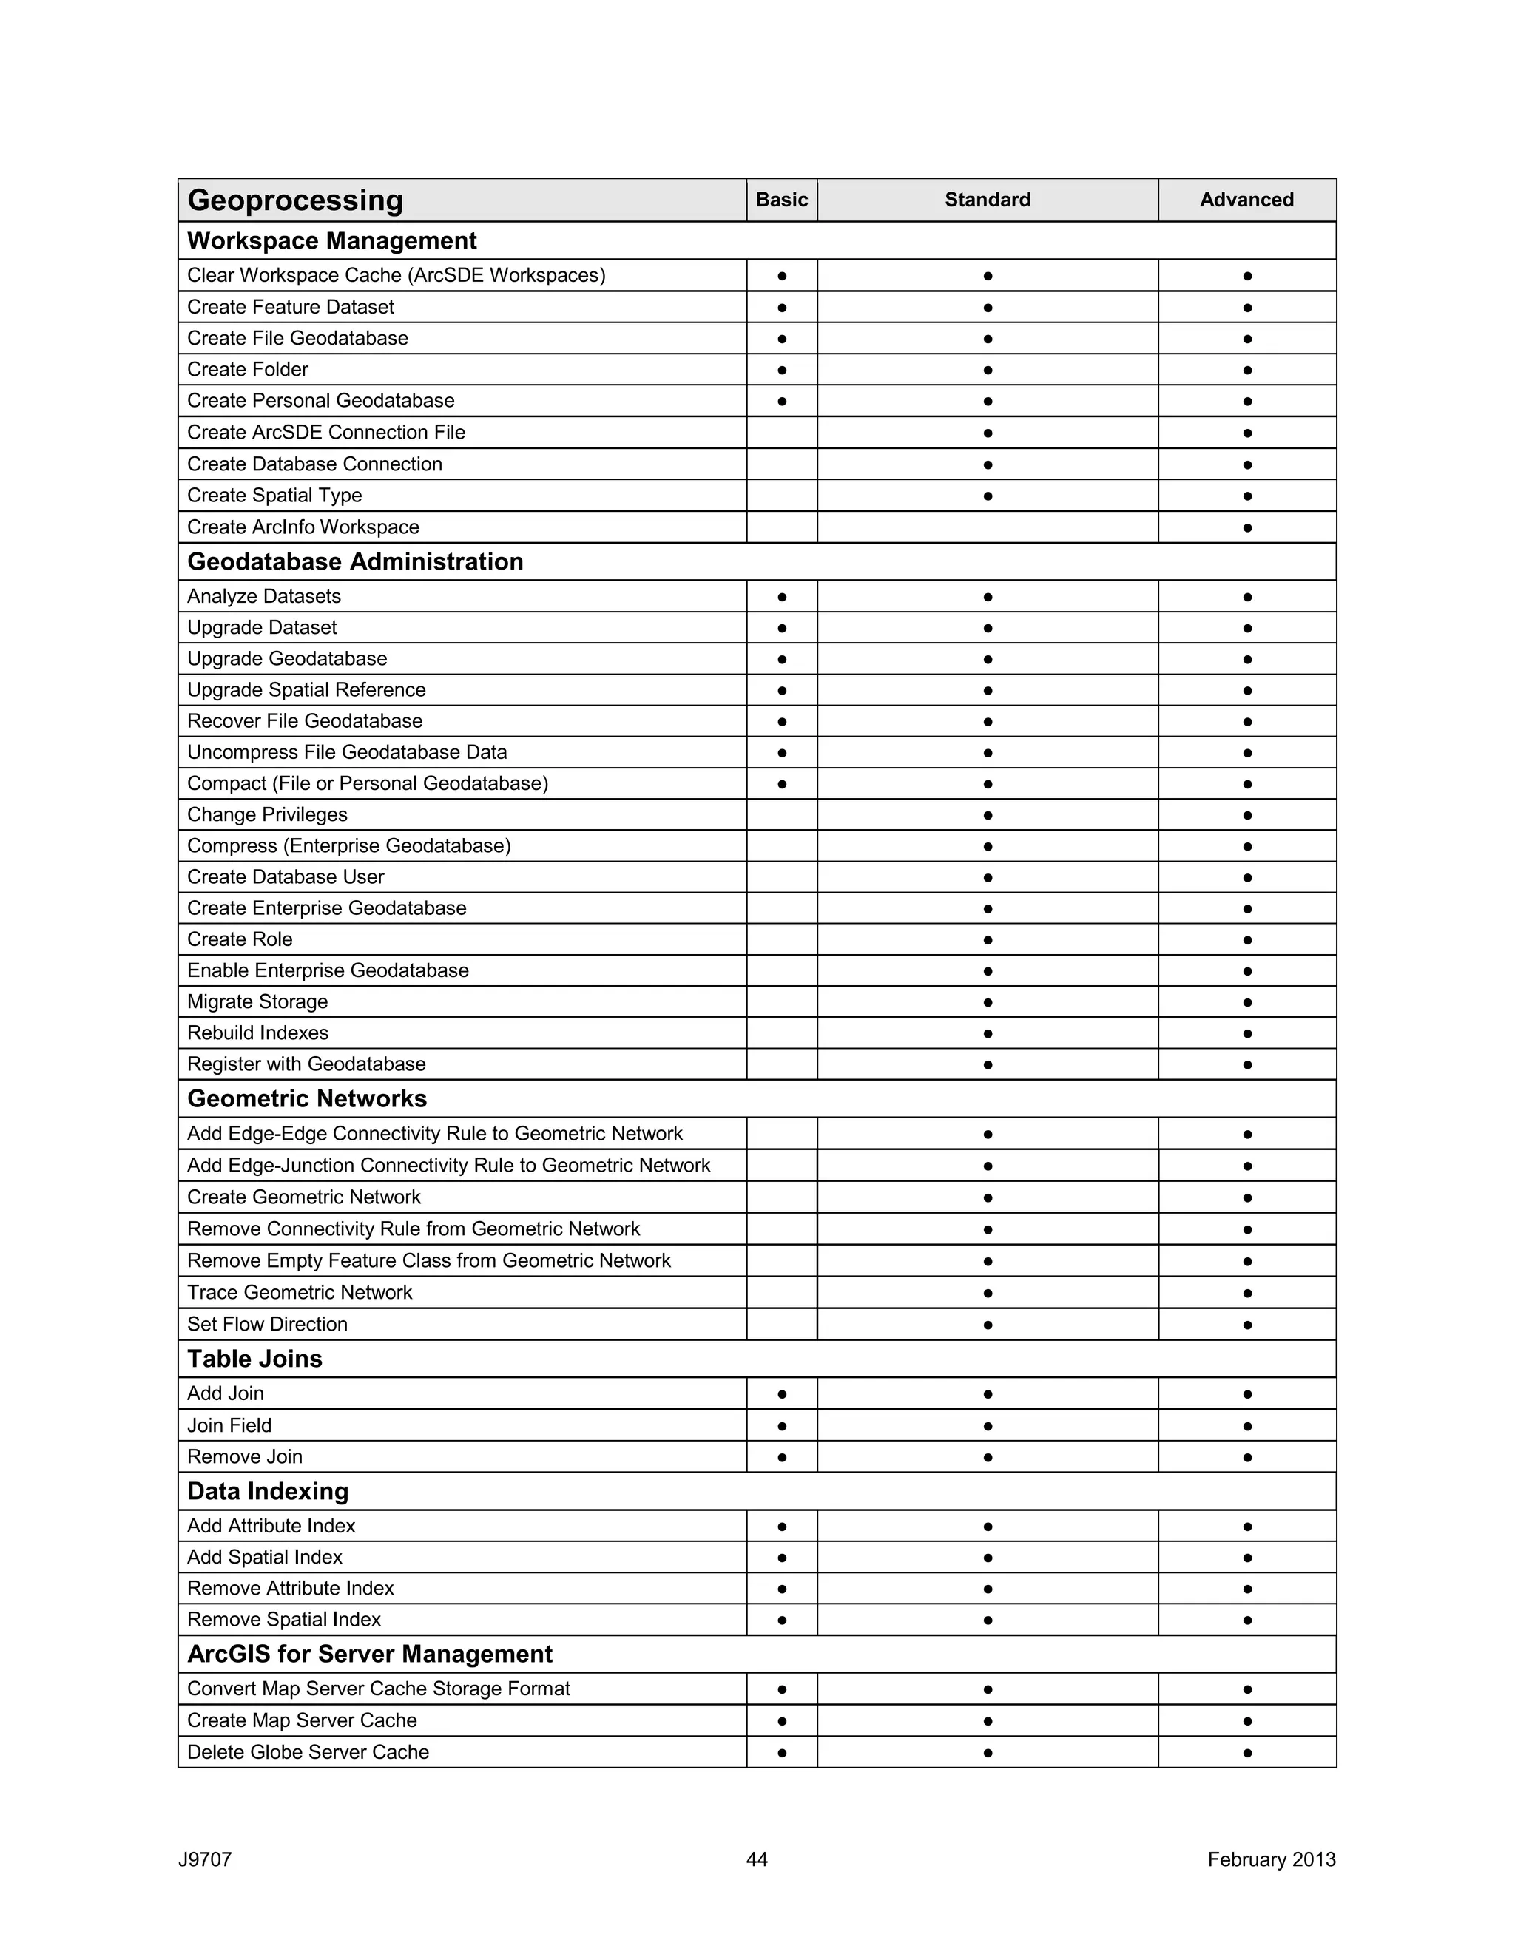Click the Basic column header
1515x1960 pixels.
point(781,199)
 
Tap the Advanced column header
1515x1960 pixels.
point(1246,199)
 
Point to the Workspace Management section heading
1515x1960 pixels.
point(331,240)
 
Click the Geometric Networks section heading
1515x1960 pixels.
point(306,1098)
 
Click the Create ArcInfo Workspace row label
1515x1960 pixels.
point(303,527)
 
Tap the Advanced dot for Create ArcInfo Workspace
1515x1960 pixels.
point(1246,527)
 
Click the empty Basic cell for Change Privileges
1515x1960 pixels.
point(781,814)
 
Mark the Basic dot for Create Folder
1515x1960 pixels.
point(782,370)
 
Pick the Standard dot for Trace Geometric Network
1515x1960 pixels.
point(988,1293)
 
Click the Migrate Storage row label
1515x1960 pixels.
point(257,1001)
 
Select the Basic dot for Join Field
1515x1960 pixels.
point(782,1426)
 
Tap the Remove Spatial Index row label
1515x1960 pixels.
point(283,1619)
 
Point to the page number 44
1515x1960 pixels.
point(757,1859)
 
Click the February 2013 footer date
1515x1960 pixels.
point(1271,1859)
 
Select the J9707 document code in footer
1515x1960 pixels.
point(205,1859)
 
